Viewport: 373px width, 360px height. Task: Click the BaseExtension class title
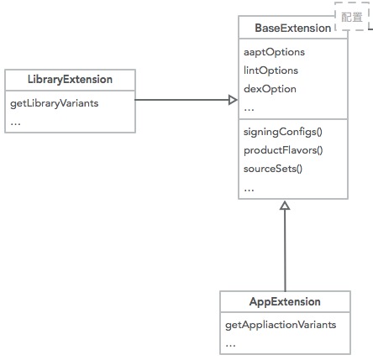pos(292,29)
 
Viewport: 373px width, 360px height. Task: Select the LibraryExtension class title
pos(70,80)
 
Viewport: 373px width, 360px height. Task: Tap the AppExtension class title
pos(285,301)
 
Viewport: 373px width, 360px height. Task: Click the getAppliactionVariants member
pos(281,324)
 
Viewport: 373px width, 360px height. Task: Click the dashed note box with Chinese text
pos(351,17)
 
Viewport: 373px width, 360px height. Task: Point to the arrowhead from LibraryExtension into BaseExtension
pos(233,100)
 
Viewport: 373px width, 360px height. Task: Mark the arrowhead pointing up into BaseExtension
pos(285,206)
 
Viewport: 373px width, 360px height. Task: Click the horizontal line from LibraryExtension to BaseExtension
pos(181,100)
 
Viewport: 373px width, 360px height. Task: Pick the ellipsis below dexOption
pos(249,107)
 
